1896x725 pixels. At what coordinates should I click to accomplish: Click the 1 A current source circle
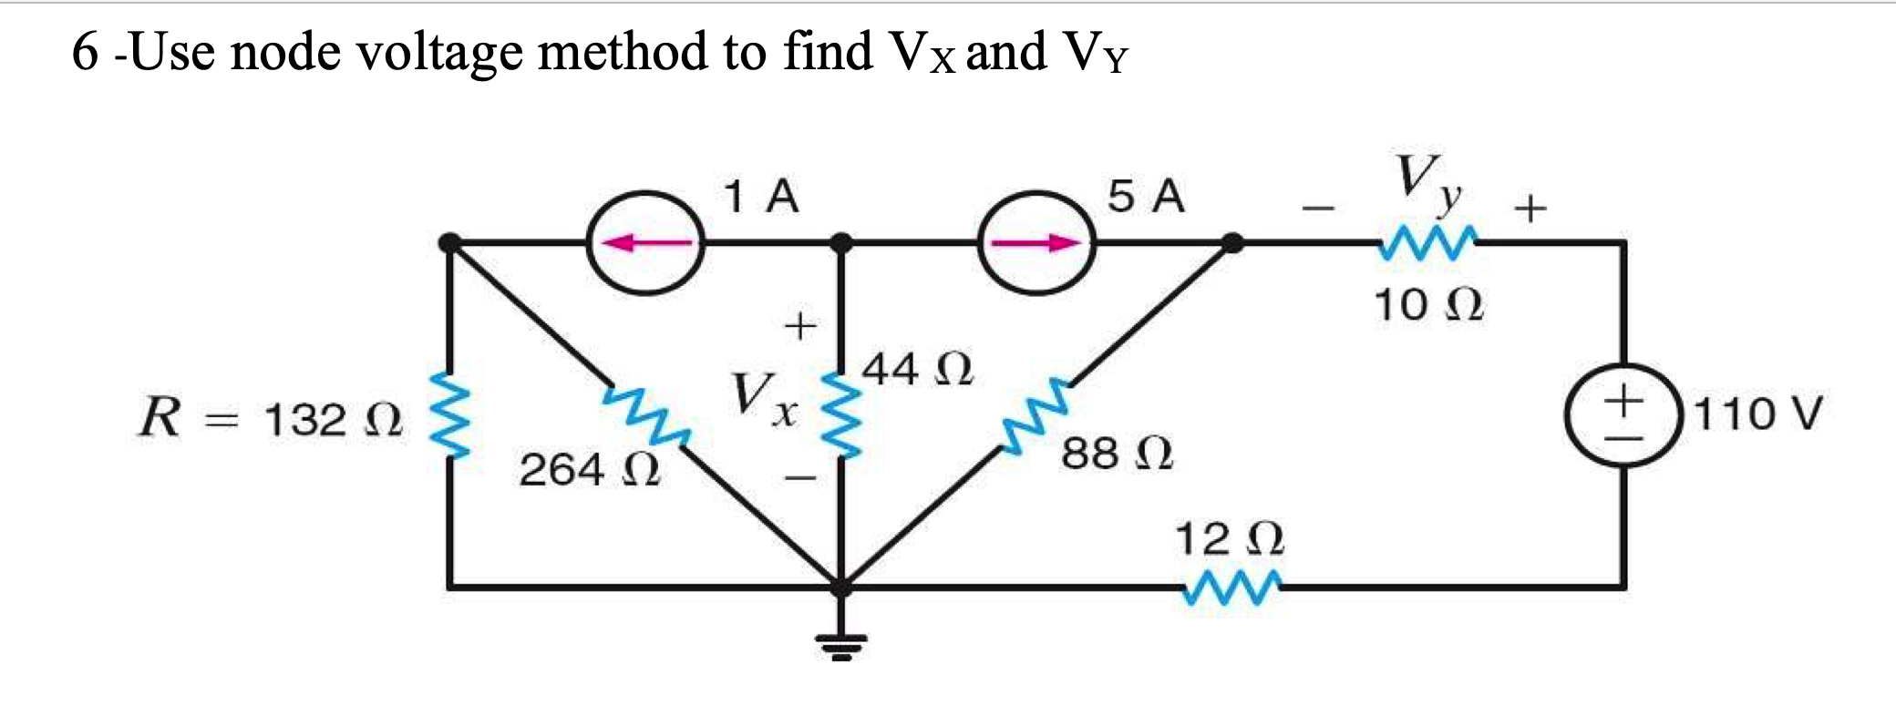[645, 243]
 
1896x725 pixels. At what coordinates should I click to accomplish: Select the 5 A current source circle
[1036, 243]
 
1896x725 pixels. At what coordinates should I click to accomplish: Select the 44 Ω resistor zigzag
[841, 415]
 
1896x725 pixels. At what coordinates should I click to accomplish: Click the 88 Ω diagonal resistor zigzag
[1035, 415]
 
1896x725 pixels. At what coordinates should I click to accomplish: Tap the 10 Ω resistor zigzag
[1428, 243]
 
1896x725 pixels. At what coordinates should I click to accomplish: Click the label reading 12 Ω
[1229, 538]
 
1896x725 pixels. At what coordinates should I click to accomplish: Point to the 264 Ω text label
[589, 470]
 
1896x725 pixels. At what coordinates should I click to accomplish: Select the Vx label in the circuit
[762, 399]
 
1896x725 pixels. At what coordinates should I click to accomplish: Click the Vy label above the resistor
[1427, 183]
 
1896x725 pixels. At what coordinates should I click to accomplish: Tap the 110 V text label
[1757, 414]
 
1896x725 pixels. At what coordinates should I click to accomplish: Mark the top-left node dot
[449, 243]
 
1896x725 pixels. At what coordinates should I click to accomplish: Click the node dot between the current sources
[841, 243]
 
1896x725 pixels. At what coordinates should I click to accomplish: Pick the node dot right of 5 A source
[1231, 243]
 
